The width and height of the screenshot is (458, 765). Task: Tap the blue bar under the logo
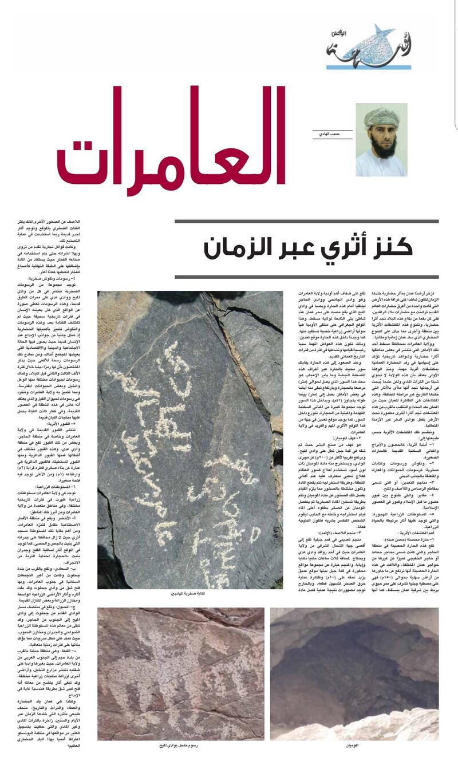361,67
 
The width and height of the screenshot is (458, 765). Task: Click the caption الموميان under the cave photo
354,746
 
